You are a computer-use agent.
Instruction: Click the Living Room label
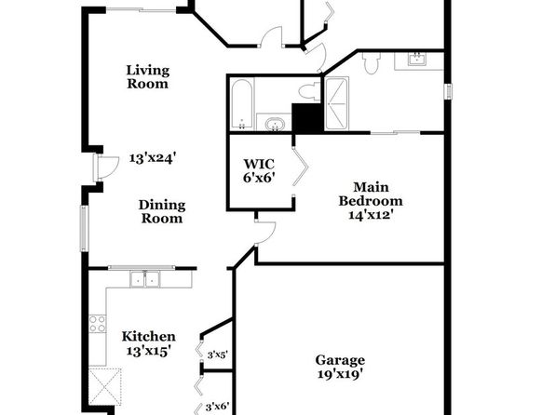(x=148, y=77)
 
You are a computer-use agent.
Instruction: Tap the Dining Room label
(x=162, y=211)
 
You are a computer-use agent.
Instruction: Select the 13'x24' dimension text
(x=152, y=158)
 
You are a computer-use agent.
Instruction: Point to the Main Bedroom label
(x=371, y=194)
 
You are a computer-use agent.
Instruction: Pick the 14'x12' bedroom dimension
(x=372, y=214)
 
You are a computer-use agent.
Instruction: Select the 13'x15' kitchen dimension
(x=149, y=351)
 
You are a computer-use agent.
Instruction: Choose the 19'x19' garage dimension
(x=340, y=374)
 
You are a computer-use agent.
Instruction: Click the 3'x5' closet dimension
(x=217, y=355)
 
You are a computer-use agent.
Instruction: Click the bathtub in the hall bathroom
(x=242, y=104)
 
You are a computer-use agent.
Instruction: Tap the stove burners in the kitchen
(x=98, y=324)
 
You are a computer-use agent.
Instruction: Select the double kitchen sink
(x=145, y=279)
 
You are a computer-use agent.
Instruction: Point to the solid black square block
(x=307, y=118)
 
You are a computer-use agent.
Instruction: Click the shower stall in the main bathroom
(x=336, y=103)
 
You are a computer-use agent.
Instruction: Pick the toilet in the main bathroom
(x=371, y=62)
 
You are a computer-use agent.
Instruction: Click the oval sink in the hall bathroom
(x=275, y=125)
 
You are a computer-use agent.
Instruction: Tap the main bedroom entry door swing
(x=265, y=233)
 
